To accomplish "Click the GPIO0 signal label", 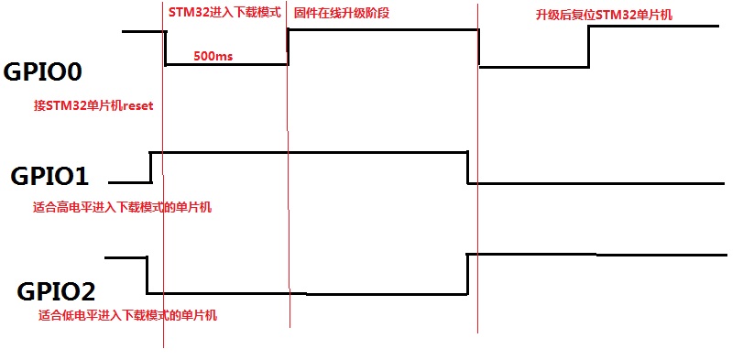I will (51, 72).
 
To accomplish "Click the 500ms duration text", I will (213, 56).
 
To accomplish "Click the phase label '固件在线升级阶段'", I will (339, 15).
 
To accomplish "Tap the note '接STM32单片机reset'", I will (93, 106).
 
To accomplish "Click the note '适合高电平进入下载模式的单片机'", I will (122, 208).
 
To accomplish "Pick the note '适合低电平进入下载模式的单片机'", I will (127, 316).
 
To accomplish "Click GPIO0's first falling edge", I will (166, 48).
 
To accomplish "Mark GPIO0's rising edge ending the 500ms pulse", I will (288, 47).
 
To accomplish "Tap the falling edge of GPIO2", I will (147, 275).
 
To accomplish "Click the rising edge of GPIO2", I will (467, 274).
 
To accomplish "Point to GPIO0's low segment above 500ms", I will (226, 64).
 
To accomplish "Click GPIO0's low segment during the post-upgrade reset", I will (534, 66).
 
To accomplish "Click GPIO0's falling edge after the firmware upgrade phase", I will (480, 49).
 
